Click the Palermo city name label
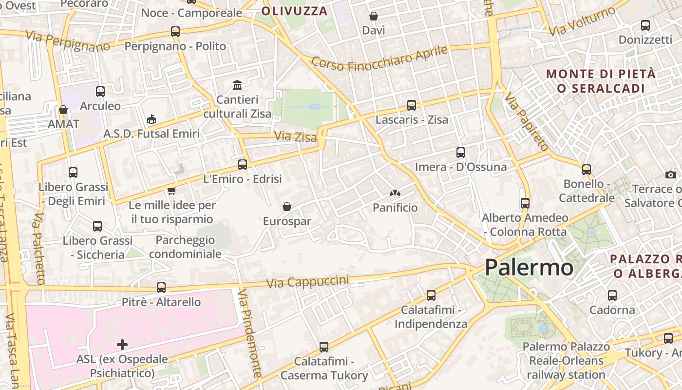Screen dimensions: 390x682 coord(529,268)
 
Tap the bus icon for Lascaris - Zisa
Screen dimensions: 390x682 coord(412,105)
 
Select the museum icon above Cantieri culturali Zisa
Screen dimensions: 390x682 coord(237,85)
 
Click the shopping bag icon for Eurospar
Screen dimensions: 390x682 coord(287,207)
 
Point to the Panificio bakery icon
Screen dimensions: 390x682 coord(395,193)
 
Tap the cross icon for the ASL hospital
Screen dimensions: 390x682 coord(122,345)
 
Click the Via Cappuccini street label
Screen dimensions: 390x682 coord(307,282)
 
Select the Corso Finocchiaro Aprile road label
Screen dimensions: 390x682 coord(379,58)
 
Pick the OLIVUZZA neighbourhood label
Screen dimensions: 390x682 coord(294,11)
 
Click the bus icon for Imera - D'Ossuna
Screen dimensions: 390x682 coord(461,152)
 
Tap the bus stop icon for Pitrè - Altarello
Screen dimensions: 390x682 coord(161,288)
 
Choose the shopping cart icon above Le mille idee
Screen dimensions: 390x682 coord(171,191)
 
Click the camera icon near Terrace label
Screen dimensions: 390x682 coord(671,175)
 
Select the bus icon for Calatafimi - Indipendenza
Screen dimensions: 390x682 coord(431,295)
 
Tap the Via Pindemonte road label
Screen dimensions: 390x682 coord(250,333)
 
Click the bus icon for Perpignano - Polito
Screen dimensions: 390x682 coord(175,32)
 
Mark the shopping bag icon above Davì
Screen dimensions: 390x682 coord(374,16)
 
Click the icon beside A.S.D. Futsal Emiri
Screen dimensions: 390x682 coord(152,119)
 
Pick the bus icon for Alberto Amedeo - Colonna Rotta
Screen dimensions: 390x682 coord(525,203)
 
